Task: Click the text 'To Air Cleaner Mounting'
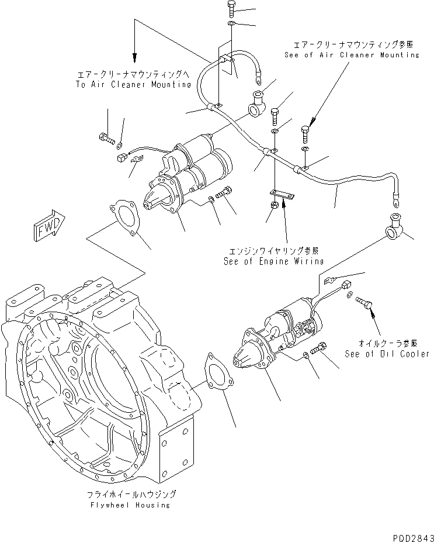tap(134, 84)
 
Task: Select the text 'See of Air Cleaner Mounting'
tap(357, 54)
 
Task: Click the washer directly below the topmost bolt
tap(231, 24)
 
